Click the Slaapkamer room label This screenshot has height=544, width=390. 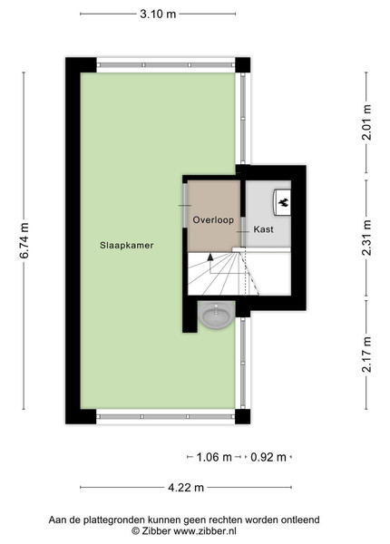(x=127, y=246)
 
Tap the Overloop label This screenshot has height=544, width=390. (x=213, y=220)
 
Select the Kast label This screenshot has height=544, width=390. (x=263, y=229)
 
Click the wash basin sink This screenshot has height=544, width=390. (x=218, y=315)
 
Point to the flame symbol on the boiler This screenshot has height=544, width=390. (x=284, y=201)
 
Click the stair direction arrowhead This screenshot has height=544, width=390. (x=210, y=257)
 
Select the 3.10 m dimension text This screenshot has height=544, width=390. (x=158, y=15)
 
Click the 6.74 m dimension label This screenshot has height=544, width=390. (x=24, y=240)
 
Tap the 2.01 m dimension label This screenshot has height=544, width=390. (x=366, y=122)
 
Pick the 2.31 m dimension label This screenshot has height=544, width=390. (x=366, y=238)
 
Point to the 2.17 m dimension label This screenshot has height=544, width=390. (x=366, y=355)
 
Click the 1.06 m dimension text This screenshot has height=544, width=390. (x=214, y=457)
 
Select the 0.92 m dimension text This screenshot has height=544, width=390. (x=268, y=457)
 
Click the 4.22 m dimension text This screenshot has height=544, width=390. (x=186, y=488)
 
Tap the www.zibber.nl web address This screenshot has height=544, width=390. (x=205, y=530)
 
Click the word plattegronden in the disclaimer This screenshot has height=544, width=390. (x=116, y=520)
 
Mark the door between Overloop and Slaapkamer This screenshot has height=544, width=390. (x=185, y=206)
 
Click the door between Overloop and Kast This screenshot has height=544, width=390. (x=243, y=232)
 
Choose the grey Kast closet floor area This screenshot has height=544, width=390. (x=268, y=214)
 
